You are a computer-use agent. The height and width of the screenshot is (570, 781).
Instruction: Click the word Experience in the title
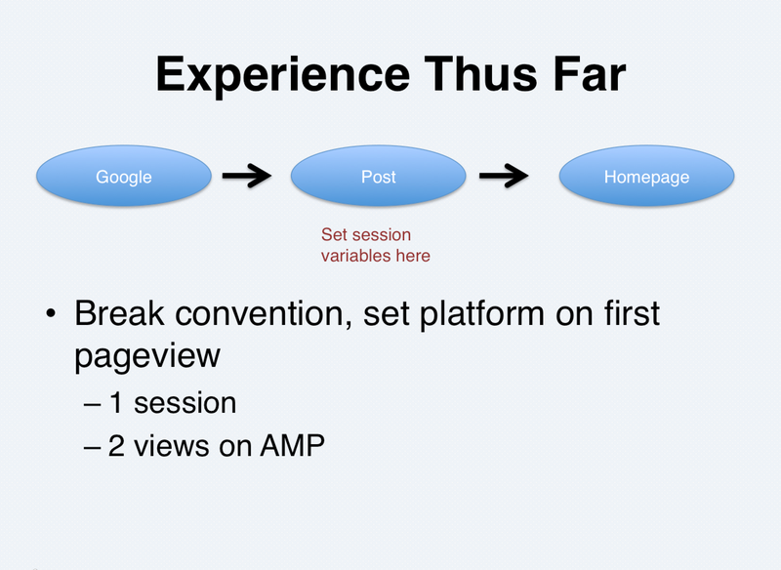[282, 76]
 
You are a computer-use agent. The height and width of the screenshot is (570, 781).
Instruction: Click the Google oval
[124, 176]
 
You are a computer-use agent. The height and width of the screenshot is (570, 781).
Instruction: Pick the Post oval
[379, 176]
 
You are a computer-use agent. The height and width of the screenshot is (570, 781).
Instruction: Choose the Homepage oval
[646, 176]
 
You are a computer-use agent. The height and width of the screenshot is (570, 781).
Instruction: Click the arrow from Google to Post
[247, 176]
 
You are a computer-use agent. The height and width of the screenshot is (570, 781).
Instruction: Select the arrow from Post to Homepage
[504, 176]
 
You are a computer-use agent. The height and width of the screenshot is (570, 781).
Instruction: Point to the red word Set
[334, 234]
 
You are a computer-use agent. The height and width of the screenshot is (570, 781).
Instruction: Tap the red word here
[413, 256]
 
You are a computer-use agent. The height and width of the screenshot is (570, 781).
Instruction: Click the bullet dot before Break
[51, 314]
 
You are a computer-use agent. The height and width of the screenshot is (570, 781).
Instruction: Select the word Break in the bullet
[119, 313]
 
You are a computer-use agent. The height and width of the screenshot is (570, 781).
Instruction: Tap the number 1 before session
[115, 403]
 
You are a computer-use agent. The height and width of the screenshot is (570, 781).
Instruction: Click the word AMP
[292, 445]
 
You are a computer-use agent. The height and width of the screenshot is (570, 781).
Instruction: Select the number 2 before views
[116, 445]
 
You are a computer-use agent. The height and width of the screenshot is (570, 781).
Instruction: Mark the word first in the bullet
[632, 313]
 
